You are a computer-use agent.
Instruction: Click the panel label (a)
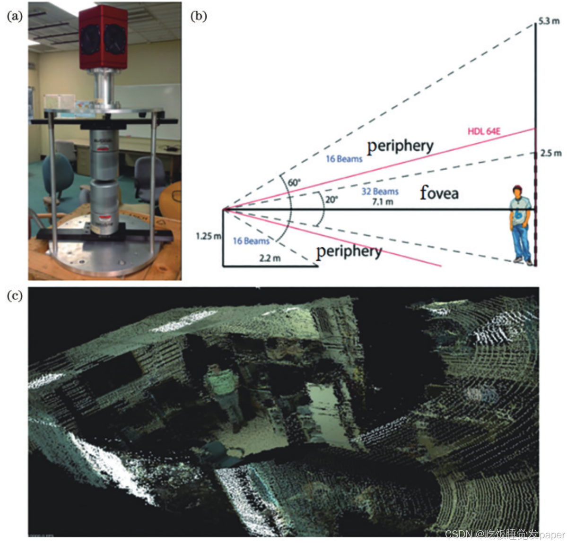(x=15, y=16)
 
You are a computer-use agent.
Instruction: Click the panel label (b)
(x=199, y=16)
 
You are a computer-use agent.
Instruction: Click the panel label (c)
(x=15, y=295)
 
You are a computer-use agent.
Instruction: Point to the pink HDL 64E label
(x=484, y=131)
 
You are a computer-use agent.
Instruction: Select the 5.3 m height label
(x=549, y=21)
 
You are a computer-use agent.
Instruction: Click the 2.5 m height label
(x=551, y=153)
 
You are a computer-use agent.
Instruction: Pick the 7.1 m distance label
(x=383, y=202)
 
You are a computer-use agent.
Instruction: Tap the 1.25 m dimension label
(x=209, y=235)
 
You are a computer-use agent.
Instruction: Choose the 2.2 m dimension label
(x=270, y=258)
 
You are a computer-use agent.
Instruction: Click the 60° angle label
(x=294, y=182)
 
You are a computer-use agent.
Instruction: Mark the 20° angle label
(x=331, y=199)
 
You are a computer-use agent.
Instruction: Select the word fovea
(x=439, y=192)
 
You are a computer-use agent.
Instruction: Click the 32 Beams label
(x=380, y=191)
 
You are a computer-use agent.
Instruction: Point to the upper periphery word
(x=400, y=146)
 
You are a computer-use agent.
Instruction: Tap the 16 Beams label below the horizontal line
(x=251, y=241)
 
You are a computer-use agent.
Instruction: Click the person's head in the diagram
(x=519, y=191)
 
